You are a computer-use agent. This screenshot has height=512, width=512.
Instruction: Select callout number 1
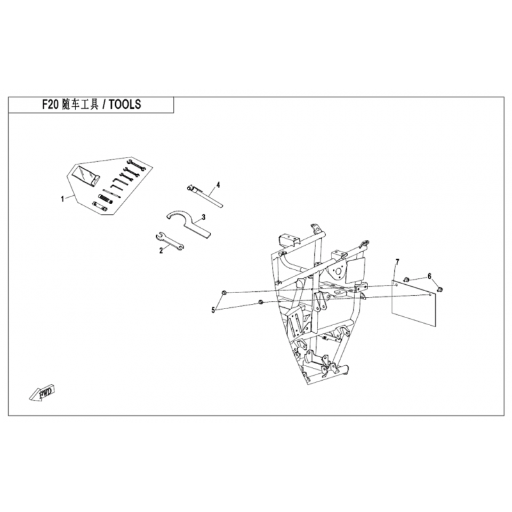point(62,200)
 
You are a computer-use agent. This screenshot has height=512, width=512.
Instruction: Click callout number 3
point(203,218)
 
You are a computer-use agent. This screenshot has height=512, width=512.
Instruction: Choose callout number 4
point(218,185)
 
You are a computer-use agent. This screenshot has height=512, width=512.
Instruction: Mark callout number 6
point(430,276)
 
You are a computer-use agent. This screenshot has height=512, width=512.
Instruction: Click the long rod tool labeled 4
point(206,195)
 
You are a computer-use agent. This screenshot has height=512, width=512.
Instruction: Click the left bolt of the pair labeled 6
point(408,279)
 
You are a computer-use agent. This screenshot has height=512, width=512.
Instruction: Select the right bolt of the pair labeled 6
point(440,291)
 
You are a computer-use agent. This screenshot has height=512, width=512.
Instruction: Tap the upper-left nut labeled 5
point(222,292)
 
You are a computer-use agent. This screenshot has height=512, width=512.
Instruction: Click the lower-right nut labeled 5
point(260,301)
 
